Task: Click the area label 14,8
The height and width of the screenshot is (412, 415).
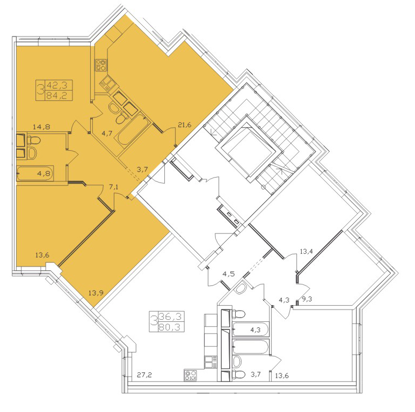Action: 41,127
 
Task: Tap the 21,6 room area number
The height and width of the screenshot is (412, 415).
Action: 185,124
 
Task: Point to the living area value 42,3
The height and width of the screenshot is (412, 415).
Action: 56,85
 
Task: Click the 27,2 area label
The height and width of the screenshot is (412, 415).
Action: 144,374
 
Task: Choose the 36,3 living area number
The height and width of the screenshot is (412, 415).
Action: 170,316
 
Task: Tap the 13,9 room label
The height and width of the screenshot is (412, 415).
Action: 96,293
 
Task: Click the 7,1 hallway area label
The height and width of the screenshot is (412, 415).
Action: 113,187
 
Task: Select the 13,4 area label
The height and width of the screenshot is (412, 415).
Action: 306,251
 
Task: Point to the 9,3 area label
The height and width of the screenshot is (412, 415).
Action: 307,299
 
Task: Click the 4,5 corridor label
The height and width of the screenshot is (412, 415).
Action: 229,274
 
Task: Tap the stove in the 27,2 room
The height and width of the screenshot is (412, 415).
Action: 191,375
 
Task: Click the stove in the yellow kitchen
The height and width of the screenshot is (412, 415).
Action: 101,65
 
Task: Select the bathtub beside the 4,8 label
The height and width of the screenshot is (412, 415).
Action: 35,173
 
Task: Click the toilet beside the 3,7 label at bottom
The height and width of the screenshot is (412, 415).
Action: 239,374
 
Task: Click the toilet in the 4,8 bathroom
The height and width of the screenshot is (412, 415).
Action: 34,140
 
